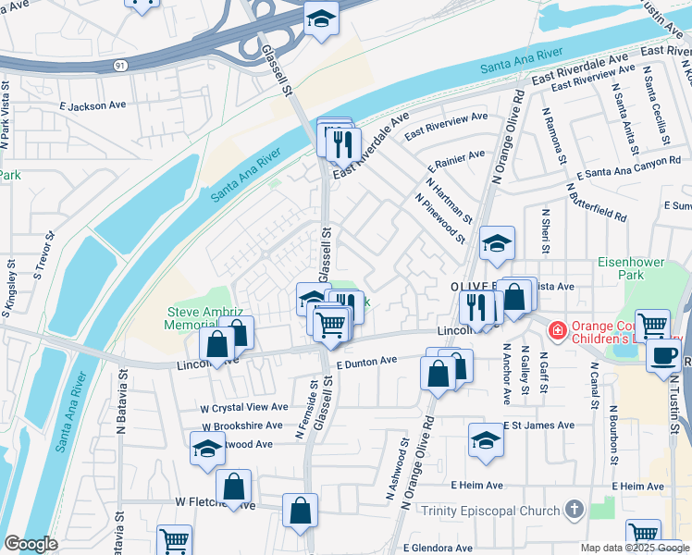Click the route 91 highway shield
point(121,66)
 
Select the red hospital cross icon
point(557,329)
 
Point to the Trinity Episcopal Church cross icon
point(575,510)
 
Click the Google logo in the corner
point(31,544)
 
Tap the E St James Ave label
point(538,425)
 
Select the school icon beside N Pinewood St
point(497,243)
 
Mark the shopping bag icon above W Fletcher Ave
point(234,486)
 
